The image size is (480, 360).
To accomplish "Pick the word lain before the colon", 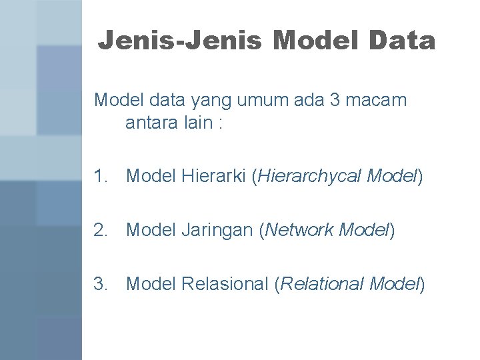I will click(x=197, y=124).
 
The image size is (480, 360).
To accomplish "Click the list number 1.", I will click(x=101, y=176).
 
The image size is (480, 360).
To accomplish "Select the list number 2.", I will click(x=101, y=230).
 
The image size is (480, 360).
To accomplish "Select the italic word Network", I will click(x=299, y=230).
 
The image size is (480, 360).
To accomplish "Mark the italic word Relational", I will click(x=322, y=284).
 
